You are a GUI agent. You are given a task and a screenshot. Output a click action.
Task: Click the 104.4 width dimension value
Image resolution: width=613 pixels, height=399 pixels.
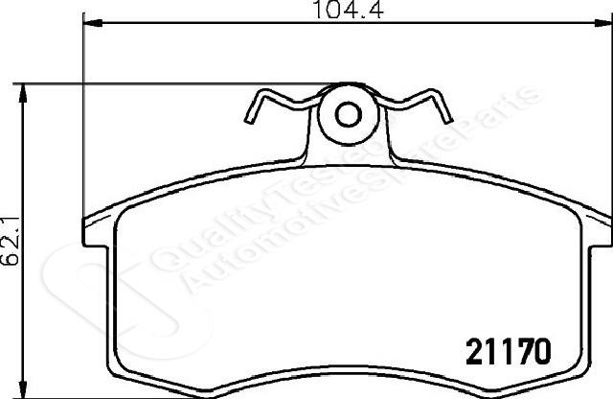pyautogui.click(x=349, y=10)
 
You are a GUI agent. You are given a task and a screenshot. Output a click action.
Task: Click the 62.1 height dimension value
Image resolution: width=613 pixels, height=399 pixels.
pyautogui.click(x=11, y=241)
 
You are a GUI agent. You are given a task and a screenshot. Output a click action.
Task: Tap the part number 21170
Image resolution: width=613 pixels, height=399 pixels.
pyautogui.click(x=509, y=351)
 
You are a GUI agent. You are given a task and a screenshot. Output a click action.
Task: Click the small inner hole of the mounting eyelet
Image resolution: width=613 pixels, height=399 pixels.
pyautogui.click(x=349, y=114)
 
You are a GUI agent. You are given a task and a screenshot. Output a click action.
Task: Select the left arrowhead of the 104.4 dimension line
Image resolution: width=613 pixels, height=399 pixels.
pyautogui.click(x=93, y=23)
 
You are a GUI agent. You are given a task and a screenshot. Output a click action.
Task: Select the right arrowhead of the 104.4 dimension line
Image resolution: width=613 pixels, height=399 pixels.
pyautogui.click(x=603, y=23)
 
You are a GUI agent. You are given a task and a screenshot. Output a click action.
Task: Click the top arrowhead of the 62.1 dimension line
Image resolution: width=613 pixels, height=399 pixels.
pyautogui.click(x=23, y=93)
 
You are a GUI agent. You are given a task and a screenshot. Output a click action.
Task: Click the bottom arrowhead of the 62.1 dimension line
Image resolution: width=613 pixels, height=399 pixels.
pyautogui.click(x=23, y=389)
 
